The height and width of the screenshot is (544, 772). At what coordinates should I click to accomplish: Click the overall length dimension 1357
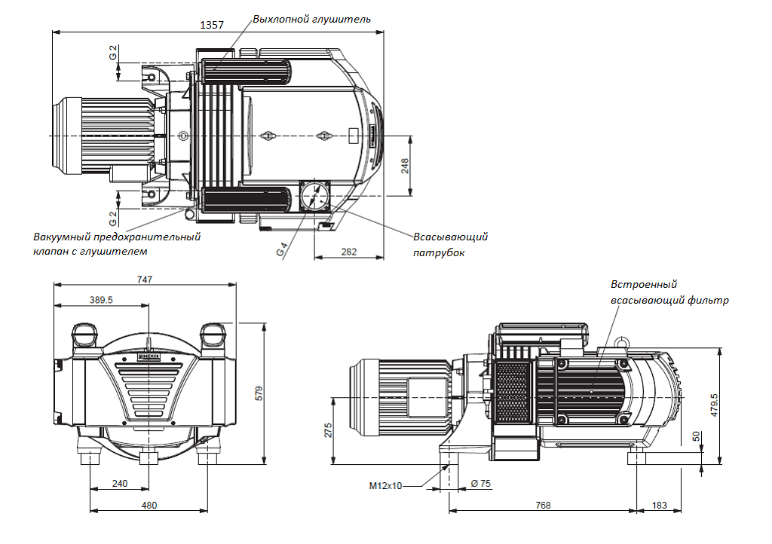(212, 25)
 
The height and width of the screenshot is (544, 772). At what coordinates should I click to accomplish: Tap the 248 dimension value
(405, 167)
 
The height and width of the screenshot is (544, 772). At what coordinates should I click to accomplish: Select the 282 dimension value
(348, 252)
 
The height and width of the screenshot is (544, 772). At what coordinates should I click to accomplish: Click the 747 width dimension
(145, 280)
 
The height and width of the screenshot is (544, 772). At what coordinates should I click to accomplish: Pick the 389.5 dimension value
(101, 300)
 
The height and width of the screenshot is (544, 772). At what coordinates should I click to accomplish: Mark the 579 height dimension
(259, 393)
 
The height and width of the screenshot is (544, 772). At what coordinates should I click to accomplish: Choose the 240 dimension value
(119, 483)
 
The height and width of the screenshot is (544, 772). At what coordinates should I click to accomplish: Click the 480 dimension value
(149, 505)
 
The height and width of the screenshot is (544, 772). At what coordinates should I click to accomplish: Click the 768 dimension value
(542, 505)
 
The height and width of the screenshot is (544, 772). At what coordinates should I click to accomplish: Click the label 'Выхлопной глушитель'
(311, 19)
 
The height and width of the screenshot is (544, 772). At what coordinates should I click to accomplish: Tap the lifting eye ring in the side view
(623, 341)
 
